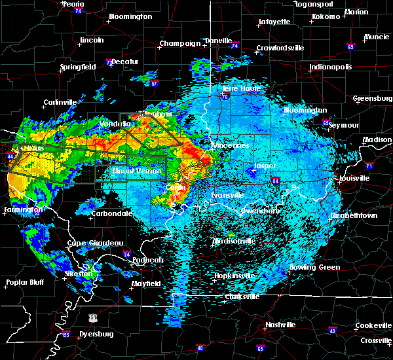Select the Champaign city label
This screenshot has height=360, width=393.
[x=179, y=44]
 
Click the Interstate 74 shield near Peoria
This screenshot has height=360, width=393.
[x=79, y=11]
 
